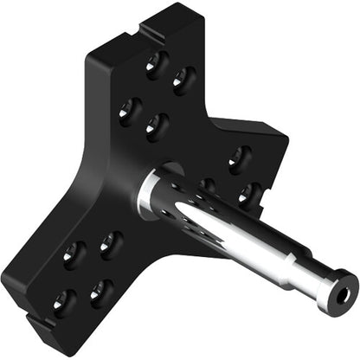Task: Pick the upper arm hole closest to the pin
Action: click(x=157, y=126)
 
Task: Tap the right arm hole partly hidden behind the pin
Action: click(x=208, y=184)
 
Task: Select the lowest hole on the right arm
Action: click(x=248, y=193)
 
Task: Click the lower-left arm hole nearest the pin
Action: click(x=111, y=245)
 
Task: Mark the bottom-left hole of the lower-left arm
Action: click(x=64, y=301)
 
